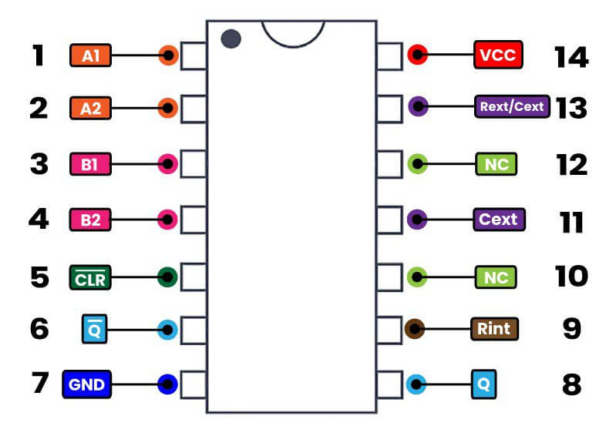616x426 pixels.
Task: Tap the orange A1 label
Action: point(90,55)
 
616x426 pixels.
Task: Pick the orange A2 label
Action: point(90,108)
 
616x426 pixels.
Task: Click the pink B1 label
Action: point(90,163)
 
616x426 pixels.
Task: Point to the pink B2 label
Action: point(90,220)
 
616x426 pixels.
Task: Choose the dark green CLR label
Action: point(90,277)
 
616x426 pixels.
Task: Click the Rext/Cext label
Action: point(511,106)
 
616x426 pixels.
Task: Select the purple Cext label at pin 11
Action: point(498,220)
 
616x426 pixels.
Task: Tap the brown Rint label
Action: point(494,329)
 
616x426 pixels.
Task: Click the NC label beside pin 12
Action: point(496,164)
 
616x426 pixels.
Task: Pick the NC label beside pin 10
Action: point(496,277)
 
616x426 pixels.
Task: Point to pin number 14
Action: point(571,56)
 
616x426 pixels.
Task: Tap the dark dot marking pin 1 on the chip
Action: point(230,39)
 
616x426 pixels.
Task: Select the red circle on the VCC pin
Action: point(418,55)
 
